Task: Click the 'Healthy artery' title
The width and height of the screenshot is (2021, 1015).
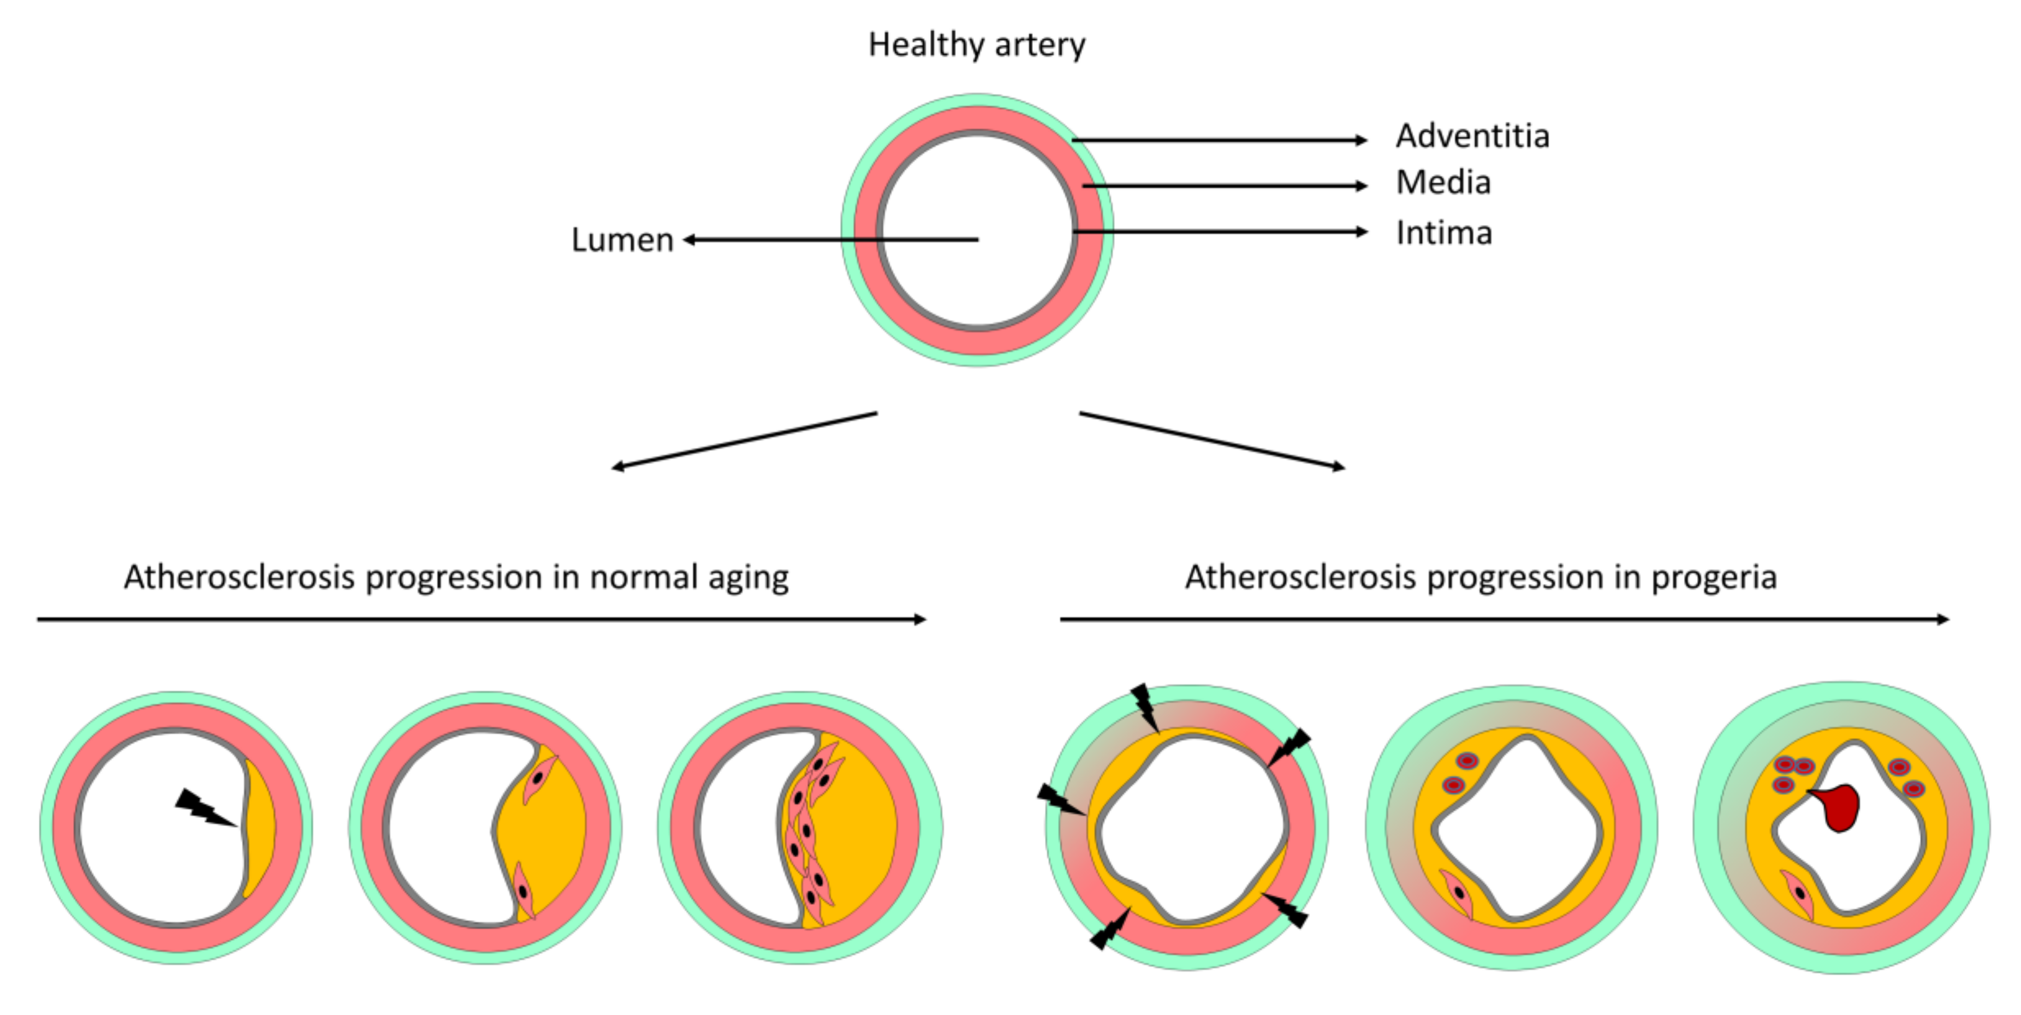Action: (x=976, y=45)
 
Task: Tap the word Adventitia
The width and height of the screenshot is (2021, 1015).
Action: (x=1472, y=136)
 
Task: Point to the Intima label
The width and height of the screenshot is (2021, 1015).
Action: (x=1443, y=233)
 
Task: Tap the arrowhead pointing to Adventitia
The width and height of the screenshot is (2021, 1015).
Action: (x=1362, y=140)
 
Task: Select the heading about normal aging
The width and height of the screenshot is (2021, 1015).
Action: (x=456, y=577)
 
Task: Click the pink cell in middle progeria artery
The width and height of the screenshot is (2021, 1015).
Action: (x=1458, y=893)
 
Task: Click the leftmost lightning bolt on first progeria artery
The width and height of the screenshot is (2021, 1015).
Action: (x=1061, y=800)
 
